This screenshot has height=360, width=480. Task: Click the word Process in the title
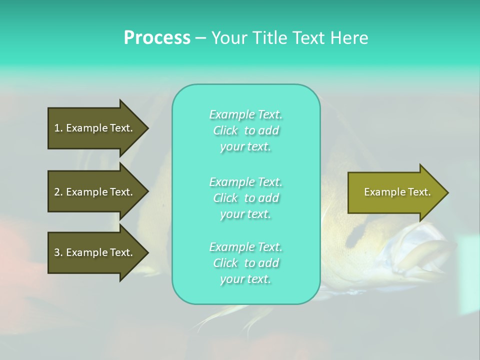pos(157,38)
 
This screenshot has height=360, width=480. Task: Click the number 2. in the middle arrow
pos(58,192)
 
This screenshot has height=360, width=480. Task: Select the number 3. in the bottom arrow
pos(58,252)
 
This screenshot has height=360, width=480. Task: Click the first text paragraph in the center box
pos(245,130)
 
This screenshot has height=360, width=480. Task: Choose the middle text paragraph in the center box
pos(245,198)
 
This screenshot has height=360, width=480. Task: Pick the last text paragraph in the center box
pos(245,263)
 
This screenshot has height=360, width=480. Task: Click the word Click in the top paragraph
pos(225,130)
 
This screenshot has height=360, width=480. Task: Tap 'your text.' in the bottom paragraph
pos(245,279)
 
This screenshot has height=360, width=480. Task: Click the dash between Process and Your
pos(201,38)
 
